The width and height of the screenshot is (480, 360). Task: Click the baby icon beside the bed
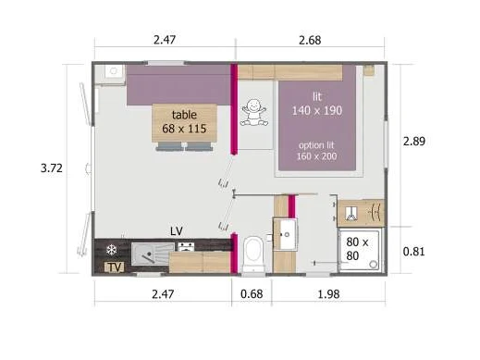click(x=253, y=112)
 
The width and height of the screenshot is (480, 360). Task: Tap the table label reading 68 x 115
click(x=184, y=129)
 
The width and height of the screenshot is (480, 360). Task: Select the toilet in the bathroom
click(x=253, y=253)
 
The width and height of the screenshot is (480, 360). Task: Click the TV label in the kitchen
click(x=115, y=267)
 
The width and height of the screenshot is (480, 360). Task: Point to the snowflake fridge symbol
click(x=111, y=250)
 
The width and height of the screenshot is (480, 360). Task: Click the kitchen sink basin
click(x=153, y=254)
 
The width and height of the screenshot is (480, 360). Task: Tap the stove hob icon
click(x=186, y=247)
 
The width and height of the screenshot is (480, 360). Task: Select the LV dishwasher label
click(x=177, y=231)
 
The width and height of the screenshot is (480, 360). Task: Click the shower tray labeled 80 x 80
click(x=360, y=250)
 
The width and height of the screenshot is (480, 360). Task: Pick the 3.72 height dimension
click(x=52, y=168)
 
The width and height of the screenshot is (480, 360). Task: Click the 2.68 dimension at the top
click(x=310, y=41)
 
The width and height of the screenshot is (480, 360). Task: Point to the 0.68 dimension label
click(x=252, y=294)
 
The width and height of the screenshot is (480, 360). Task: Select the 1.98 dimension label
click(x=328, y=294)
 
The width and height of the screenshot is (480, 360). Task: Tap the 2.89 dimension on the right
click(x=414, y=142)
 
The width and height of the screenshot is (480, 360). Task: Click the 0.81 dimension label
click(x=413, y=252)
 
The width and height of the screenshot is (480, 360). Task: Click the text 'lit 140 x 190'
click(x=317, y=104)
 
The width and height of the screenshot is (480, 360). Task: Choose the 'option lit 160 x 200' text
click(x=316, y=151)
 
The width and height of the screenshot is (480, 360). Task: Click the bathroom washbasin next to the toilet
click(x=285, y=234)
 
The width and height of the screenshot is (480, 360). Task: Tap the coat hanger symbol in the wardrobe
click(x=375, y=213)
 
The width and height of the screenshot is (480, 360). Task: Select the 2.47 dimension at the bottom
click(x=163, y=294)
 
